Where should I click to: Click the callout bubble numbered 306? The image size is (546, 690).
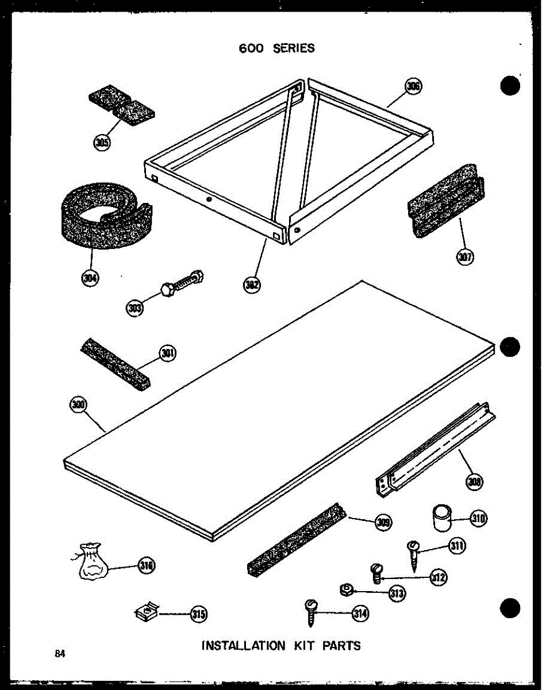tap(413, 87)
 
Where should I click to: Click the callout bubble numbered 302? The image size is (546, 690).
tap(250, 284)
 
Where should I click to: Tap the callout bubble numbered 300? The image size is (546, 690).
tap(78, 405)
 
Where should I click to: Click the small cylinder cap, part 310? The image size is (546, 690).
tap(441, 518)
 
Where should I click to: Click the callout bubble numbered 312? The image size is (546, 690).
tap(439, 577)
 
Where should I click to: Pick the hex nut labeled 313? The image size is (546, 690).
tap(347, 589)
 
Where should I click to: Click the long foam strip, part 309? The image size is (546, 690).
tap(296, 538)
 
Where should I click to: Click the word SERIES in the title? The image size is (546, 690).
tap(294, 48)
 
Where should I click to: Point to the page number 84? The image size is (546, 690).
tap(60, 653)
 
